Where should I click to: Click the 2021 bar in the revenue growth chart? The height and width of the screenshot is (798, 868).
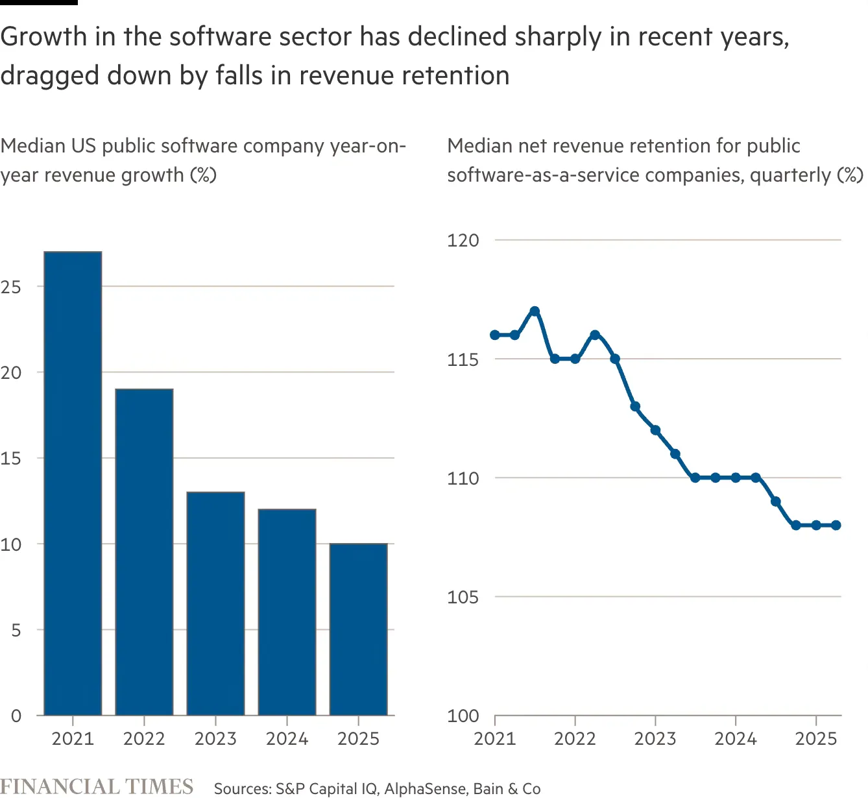(x=73, y=483)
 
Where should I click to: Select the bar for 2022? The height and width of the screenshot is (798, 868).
(x=144, y=551)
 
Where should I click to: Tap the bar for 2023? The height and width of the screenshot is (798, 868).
(x=215, y=603)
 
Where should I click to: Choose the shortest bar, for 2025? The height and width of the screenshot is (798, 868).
(x=358, y=629)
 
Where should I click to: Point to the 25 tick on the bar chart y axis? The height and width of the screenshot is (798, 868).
(x=11, y=287)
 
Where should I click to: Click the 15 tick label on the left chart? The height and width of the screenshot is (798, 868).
(x=11, y=459)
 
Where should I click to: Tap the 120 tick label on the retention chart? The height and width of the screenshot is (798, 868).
(x=463, y=240)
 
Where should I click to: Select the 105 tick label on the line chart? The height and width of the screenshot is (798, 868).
(x=463, y=597)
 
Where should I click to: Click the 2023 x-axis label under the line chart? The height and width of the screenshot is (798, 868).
(x=655, y=738)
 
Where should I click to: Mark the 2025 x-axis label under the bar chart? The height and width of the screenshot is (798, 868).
(x=358, y=738)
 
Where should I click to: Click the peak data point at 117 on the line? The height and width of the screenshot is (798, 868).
(x=535, y=311)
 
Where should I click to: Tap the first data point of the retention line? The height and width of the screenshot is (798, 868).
(x=495, y=335)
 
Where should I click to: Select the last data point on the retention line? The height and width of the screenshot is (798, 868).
(x=836, y=525)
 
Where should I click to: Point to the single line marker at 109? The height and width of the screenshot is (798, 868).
(x=776, y=502)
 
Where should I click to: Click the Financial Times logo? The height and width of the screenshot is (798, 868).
(x=97, y=786)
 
